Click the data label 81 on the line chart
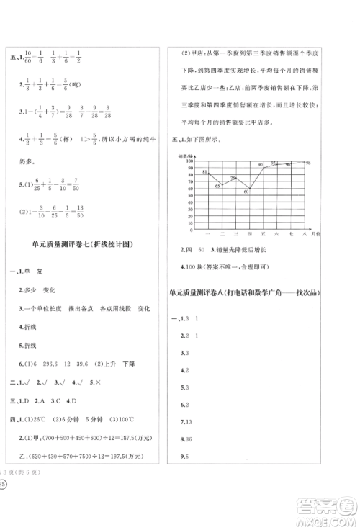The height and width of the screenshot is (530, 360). point(205,172)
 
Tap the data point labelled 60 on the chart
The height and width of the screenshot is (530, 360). point(247,190)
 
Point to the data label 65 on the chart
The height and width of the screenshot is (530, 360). point(218,186)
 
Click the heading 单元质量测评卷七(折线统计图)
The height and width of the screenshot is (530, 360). point(81,243)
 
